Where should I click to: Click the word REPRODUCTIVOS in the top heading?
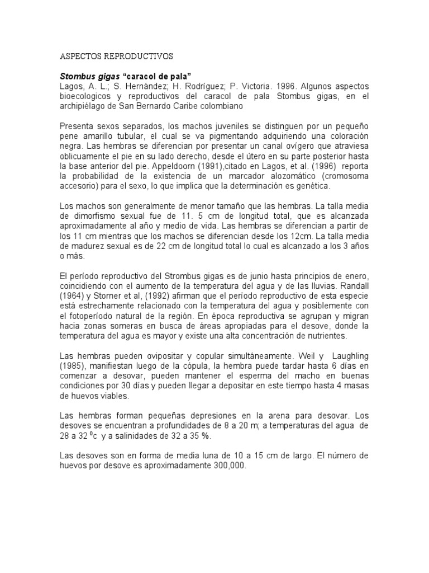coord(138,57)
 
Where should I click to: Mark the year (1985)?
coord(73,367)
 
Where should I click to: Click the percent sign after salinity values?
coord(207,436)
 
